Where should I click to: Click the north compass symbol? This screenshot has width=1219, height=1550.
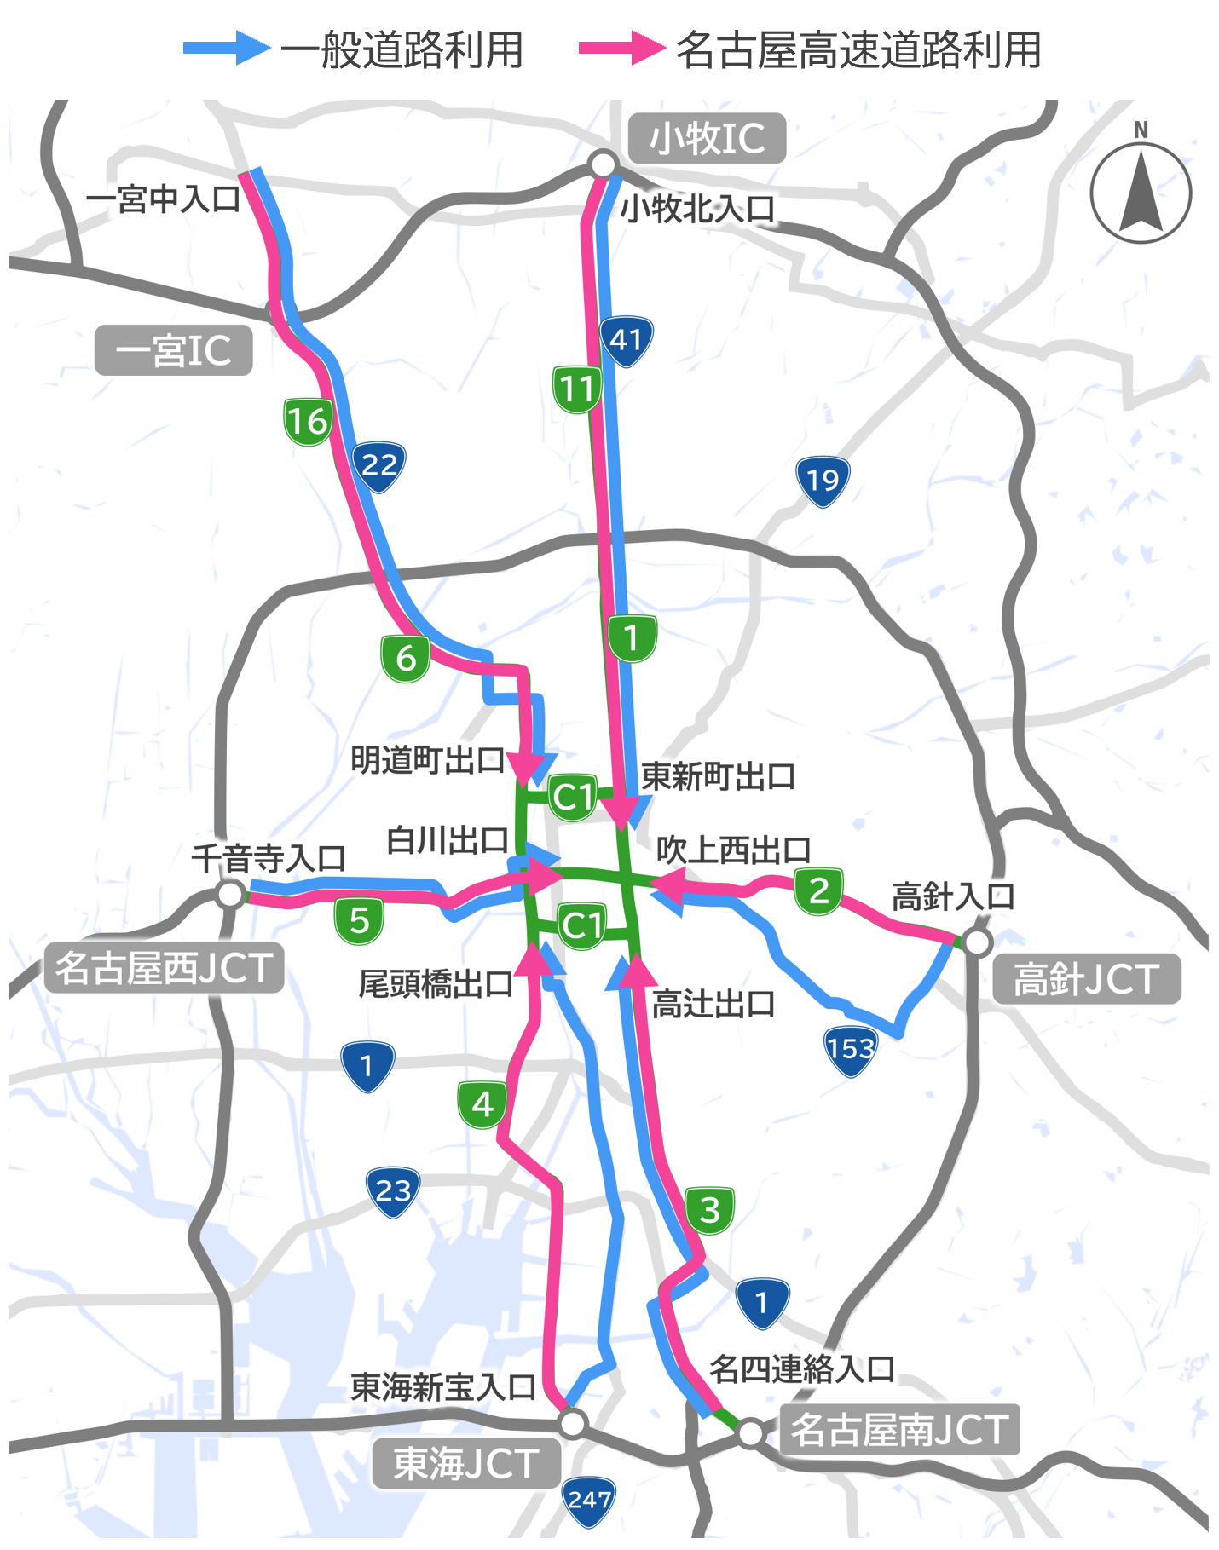click(1141, 193)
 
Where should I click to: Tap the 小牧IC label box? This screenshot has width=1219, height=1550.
click(707, 138)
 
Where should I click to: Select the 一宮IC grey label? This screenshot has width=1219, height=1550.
click(173, 350)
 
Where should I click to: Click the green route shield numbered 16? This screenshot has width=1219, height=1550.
click(308, 421)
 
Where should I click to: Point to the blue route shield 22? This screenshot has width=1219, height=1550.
click(378, 465)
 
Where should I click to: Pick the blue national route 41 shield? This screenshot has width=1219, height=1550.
click(627, 341)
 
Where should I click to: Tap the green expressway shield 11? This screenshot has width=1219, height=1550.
click(577, 389)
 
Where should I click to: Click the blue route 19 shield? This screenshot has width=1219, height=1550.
click(823, 481)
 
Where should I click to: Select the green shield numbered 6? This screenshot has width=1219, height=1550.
click(406, 659)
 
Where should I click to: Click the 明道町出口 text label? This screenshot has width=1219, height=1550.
click(428, 760)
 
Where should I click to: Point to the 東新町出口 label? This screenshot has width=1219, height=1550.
click(718, 776)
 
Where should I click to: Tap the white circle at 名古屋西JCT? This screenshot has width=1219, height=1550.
click(230, 895)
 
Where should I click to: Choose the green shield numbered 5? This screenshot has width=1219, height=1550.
click(359, 920)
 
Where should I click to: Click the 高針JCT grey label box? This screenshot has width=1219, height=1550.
click(1086, 979)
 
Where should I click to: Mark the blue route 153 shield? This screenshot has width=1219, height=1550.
click(850, 1049)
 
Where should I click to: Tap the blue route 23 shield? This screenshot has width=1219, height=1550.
click(393, 1191)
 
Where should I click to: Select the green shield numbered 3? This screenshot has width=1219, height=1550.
click(709, 1210)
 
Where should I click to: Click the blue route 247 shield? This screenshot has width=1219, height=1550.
click(589, 1500)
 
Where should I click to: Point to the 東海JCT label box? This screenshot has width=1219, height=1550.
click(465, 1464)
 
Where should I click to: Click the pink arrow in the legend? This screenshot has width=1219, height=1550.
click(621, 49)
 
